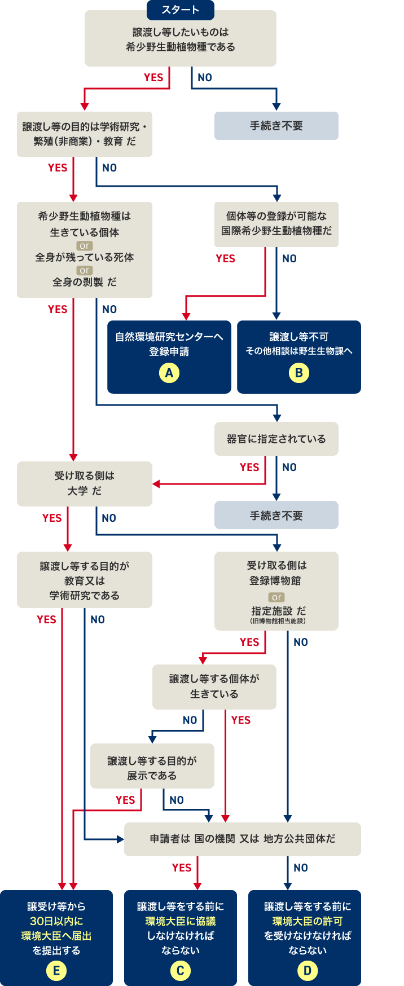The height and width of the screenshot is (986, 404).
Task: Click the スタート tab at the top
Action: click(x=181, y=10)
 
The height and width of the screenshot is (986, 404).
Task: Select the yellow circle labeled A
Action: click(x=169, y=373)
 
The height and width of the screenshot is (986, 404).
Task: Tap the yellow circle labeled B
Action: click(x=298, y=373)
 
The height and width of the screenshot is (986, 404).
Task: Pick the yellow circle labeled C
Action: click(x=180, y=970)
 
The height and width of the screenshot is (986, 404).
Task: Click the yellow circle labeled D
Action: click(x=307, y=970)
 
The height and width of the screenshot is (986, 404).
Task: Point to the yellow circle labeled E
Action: click(x=56, y=970)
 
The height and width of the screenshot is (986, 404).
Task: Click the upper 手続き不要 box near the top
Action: click(x=276, y=126)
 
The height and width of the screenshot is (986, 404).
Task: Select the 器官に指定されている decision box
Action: click(x=276, y=439)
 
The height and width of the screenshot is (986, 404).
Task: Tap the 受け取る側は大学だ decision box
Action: click(x=84, y=483)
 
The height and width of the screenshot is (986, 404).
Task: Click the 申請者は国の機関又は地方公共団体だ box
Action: click(x=242, y=839)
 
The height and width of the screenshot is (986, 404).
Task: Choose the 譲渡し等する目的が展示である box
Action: click(x=152, y=768)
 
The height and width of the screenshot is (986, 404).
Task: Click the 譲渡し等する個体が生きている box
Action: click(x=214, y=686)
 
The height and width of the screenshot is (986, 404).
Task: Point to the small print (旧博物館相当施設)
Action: click(x=277, y=621)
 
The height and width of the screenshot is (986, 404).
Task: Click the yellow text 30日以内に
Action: click(x=56, y=921)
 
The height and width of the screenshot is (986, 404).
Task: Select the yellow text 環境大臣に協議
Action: click(x=180, y=921)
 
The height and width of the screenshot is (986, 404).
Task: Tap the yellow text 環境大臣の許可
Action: click(x=307, y=921)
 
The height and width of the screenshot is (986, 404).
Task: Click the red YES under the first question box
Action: click(x=153, y=78)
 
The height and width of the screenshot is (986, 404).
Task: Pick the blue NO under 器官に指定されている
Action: click(x=289, y=467)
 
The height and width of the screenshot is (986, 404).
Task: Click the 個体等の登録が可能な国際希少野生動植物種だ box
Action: click(x=276, y=223)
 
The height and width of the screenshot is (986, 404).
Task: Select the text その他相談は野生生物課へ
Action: click(x=298, y=351)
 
